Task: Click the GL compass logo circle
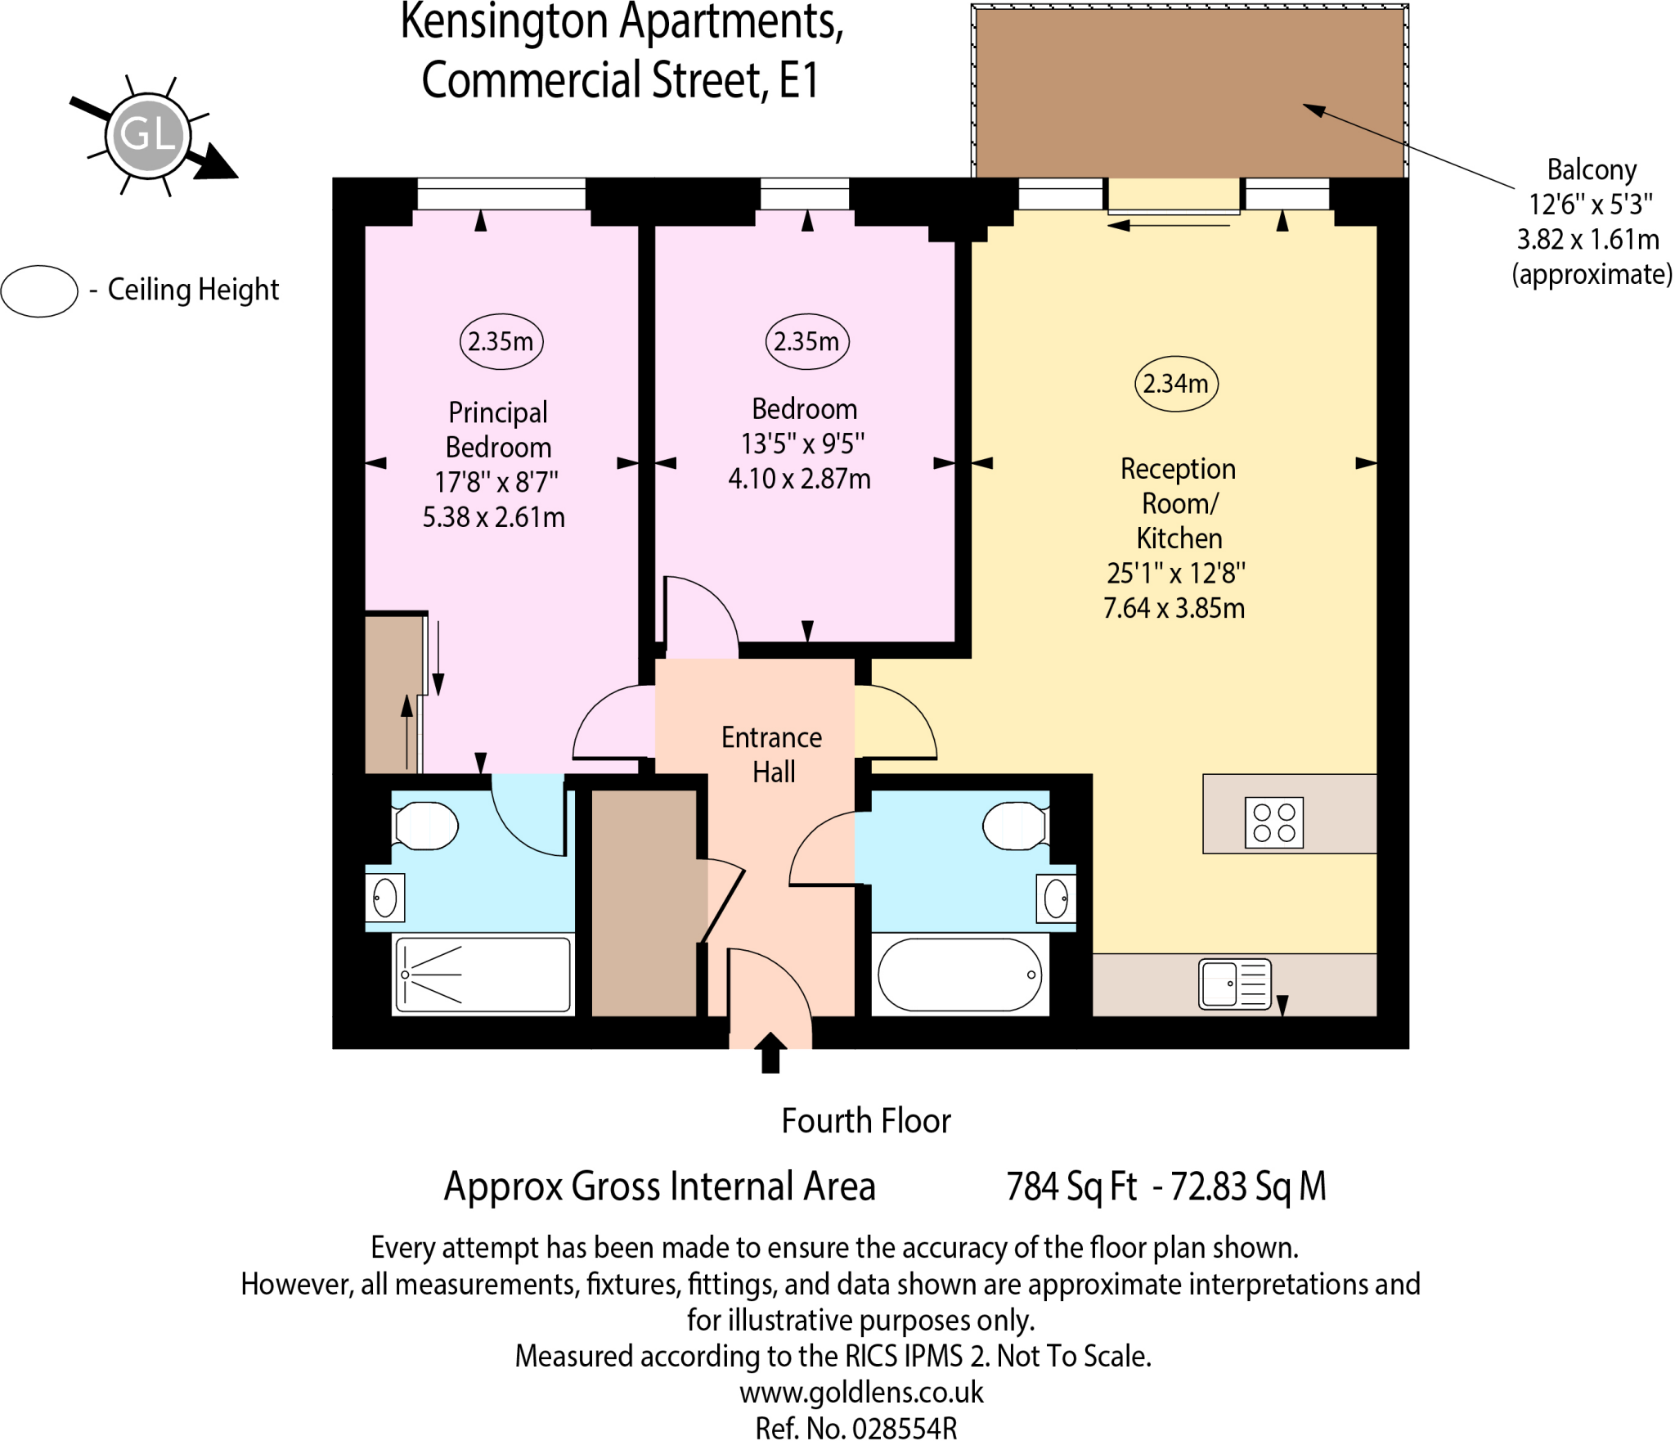(x=148, y=134)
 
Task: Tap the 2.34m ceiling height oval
(x=1176, y=384)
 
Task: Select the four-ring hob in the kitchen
(x=1273, y=822)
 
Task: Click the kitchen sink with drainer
(x=1234, y=983)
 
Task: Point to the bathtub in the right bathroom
(x=959, y=975)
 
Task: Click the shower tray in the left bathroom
(x=483, y=975)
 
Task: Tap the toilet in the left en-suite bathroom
(x=425, y=826)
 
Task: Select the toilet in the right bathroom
(x=1014, y=826)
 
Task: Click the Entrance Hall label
(x=772, y=754)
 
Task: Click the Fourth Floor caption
(x=865, y=1120)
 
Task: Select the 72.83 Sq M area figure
(x=1248, y=1186)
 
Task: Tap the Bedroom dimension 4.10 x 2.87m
(x=799, y=479)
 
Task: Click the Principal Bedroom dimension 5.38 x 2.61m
(x=493, y=517)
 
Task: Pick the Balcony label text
(x=1591, y=170)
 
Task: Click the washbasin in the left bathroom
(x=385, y=898)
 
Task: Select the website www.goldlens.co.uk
(x=861, y=1391)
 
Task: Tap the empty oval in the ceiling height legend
(x=39, y=290)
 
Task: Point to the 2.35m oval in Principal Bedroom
(x=501, y=341)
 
